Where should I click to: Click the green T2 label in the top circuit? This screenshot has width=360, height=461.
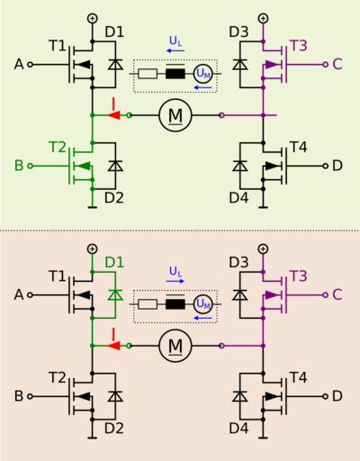tap(57, 147)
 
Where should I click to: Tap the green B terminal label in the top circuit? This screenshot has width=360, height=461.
tap(19, 166)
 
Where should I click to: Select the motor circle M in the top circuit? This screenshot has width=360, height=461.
tap(175, 115)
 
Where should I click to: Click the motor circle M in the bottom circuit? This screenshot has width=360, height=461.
tap(175, 346)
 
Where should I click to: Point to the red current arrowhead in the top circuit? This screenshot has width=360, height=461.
tap(114, 115)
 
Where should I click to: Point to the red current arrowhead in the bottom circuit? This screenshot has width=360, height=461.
tap(114, 346)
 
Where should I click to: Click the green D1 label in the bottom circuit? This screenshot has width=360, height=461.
tap(114, 263)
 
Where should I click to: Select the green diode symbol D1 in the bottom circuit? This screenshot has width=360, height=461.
tap(115, 295)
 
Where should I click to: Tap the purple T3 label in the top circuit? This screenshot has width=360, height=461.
tap(299, 46)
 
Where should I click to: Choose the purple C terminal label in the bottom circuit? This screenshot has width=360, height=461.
tap(337, 294)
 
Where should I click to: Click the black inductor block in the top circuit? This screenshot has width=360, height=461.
tap(175, 74)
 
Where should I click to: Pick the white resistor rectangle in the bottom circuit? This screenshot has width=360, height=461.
tap(148, 304)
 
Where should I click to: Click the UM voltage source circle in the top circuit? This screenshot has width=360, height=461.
tap(203, 74)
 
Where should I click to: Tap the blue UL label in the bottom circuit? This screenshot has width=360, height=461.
tap(175, 272)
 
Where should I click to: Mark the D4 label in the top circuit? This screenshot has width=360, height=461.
tap(238, 198)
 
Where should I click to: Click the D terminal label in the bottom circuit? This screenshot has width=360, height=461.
tap(337, 396)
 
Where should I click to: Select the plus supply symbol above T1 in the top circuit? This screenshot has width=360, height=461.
tap(93, 18)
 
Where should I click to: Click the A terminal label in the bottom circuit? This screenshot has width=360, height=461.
tap(19, 294)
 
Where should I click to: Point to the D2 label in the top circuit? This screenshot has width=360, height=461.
tap(114, 198)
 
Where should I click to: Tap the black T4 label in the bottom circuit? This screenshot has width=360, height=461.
tap(298, 377)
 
